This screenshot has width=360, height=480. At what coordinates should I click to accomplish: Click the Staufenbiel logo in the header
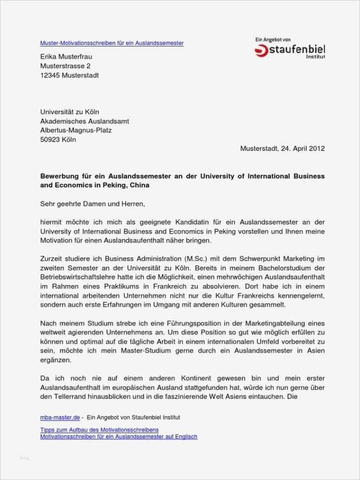pyautogui.click(x=290, y=50)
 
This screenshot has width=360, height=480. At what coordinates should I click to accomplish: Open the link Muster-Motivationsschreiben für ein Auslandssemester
pyautogui.click(x=112, y=43)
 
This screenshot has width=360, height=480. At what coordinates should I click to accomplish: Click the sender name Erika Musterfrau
pyautogui.click(x=66, y=56)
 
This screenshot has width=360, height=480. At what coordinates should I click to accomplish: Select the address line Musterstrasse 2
pyautogui.click(x=65, y=66)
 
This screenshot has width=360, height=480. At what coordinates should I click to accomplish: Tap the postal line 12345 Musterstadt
pyautogui.click(x=69, y=75)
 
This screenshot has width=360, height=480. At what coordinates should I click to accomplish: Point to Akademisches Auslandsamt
pyautogui.click(x=85, y=121)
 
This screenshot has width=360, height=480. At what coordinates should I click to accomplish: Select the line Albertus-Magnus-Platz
pyautogui.click(x=76, y=130)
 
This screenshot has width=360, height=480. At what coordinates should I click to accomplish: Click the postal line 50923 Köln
pyautogui.click(x=58, y=140)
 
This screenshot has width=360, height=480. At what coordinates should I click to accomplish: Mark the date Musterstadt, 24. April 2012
pyautogui.click(x=282, y=148)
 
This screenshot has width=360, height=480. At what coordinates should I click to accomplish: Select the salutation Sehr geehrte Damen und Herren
pyautogui.click(x=93, y=203)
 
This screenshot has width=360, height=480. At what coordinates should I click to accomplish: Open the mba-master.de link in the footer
pyautogui.click(x=59, y=417)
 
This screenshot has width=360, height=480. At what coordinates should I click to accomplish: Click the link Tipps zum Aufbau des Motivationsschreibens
pyautogui.click(x=99, y=430)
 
